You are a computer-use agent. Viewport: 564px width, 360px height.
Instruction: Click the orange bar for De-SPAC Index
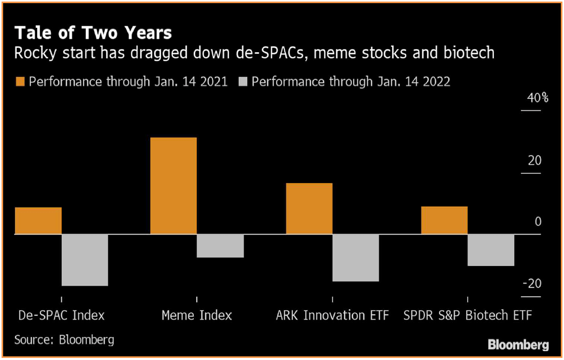[38, 221]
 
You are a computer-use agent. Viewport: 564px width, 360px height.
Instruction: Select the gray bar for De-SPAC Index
[85, 260]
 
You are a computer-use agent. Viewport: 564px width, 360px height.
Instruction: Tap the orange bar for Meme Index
[173, 186]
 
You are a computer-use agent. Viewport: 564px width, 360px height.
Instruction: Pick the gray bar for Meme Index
[220, 246]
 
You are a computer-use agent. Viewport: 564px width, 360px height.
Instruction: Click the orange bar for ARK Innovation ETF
[309, 208]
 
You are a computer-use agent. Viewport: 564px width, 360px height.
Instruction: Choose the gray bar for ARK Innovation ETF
[356, 258]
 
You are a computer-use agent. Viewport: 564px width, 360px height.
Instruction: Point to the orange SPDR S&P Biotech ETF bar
[444, 220]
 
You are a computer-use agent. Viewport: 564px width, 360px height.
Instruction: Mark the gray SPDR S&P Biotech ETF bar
[491, 250]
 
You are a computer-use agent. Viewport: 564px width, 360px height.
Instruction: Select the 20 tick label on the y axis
[534, 161]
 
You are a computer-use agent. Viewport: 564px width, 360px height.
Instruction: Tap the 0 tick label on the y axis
[538, 222]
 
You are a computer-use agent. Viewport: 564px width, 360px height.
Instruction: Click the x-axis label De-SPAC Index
[61, 316]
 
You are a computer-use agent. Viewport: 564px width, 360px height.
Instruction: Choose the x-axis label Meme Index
[196, 316]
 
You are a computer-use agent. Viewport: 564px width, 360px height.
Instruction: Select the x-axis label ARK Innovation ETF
[333, 316]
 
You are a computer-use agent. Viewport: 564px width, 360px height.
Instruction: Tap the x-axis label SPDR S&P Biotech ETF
[467, 316]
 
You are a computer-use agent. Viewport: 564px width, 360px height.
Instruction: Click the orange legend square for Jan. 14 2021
[20, 82]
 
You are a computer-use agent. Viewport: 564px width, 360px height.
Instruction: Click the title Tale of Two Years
[93, 33]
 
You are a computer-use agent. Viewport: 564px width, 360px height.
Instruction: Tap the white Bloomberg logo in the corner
[518, 345]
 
